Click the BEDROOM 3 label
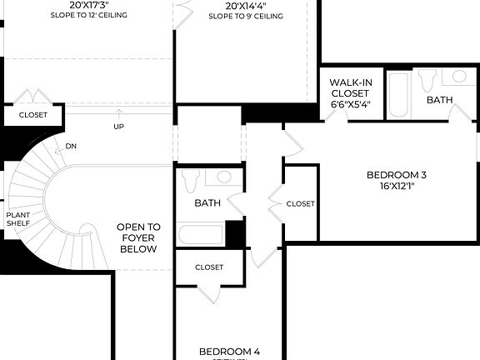pyautogui.click(x=397, y=175)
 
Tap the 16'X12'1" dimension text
pyautogui.click(x=397, y=187)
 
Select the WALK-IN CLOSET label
pyautogui.click(x=350, y=87)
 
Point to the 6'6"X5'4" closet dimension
pyautogui.click(x=350, y=105)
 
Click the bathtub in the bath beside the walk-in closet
pyautogui.click(x=398, y=95)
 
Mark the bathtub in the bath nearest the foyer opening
pyautogui.click(x=200, y=236)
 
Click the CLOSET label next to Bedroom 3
pyautogui.click(x=300, y=203)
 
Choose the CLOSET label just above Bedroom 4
pyautogui.click(x=209, y=267)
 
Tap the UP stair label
pyautogui.click(x=119, y=127)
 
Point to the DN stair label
pyautogui.click(x=72, y=147)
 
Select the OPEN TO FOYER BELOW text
pyautogui.click(x=138, y=237)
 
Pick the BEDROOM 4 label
pyautogui.click(x=229, y=352)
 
